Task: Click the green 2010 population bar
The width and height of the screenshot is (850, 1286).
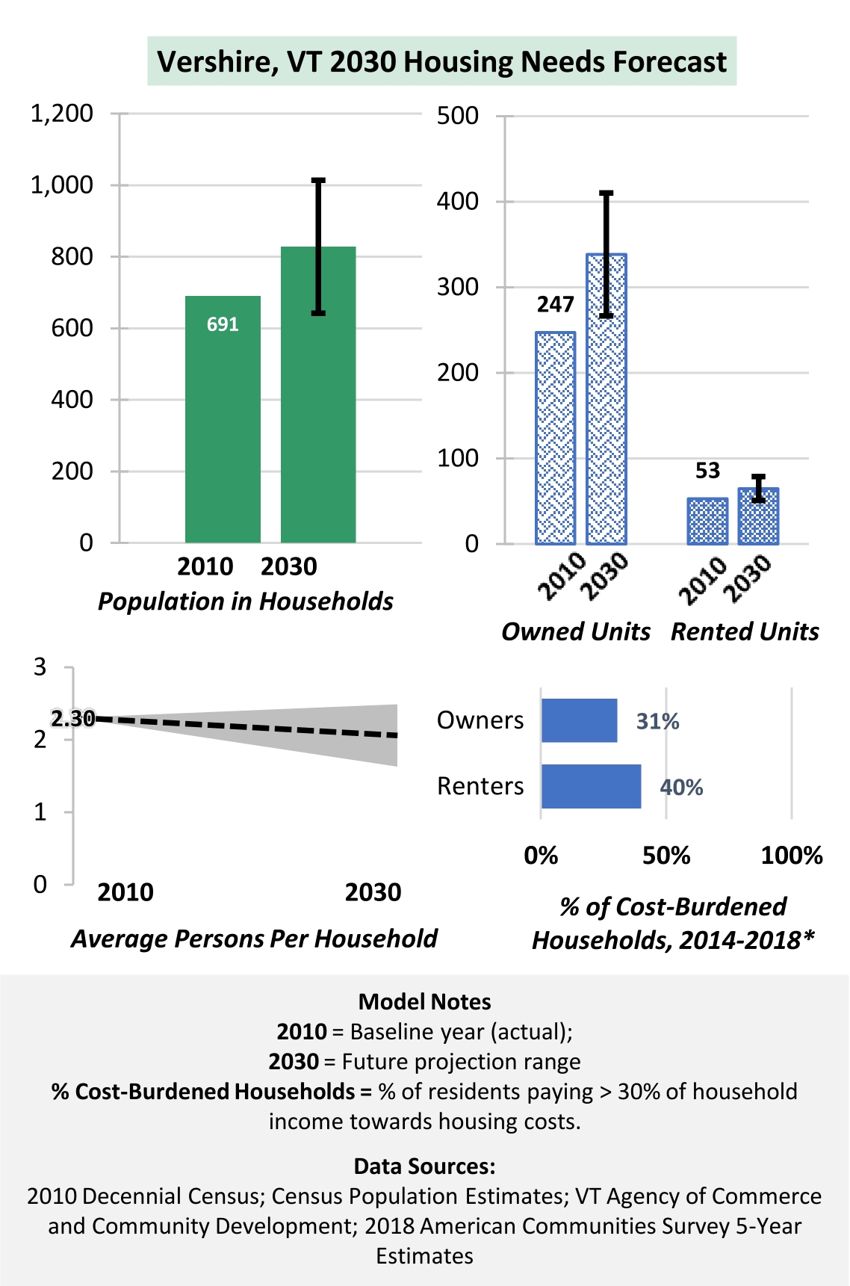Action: pyautogui.click(x=223, y=419)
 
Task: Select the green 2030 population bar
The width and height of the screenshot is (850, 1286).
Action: pyautogui.click(x=318, y=395)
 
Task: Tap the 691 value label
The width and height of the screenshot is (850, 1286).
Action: pyautogui.click(x=223, y=324)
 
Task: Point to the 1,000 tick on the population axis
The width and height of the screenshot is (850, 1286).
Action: pyautogui.click(x=61, y=185)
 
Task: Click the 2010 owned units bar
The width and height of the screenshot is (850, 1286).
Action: pyautogui.click(x=556, y=438)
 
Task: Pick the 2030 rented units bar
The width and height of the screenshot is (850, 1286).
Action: pyautogui.click(x=758, y=516)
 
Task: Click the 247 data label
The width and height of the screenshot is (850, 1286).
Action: pyautogui.click(x=555, y=304)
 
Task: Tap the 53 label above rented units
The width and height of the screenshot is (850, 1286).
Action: pyautogui.click(x=707, y=471)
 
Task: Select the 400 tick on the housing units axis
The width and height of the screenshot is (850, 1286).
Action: pyautogui.click(x=458, y=201)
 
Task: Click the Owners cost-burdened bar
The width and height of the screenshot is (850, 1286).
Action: pyautogui.click(x=580, y=720)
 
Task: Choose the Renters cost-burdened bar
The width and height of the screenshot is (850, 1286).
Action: pyautogui.click(x=592, y=786)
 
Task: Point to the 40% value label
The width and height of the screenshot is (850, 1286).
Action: pyautogui.click(x=681, y=788)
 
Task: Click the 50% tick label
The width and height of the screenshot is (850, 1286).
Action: pyautogui.click(x=666, y=856)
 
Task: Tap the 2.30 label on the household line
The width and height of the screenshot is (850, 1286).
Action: pyautogui.click(x=72, y=719)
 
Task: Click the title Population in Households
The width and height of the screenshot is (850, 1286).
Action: pyautogui.click(x=246, y=602)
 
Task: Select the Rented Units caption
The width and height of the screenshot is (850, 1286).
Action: pyautogui.click(x=745, y=631)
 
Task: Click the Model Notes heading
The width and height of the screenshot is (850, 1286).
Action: pyautogui.click(x=425, y=1001)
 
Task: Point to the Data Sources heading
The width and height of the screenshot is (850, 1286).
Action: pyautogui.click(x=425, y=1166)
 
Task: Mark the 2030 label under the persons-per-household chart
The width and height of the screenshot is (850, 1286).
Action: pyautogui.click(x=373, y=892)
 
